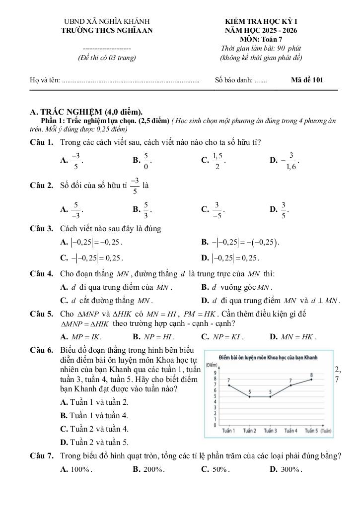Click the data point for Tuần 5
click(x=312, y=380)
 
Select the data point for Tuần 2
click(x=249, y=397)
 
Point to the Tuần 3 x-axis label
click(x=270, y=431)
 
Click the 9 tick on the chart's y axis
click(x=215, y=373)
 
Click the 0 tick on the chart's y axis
click(x=215, y=425)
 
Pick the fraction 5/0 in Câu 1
click(x=146, y=160)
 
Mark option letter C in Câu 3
click(x=63, y=257)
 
